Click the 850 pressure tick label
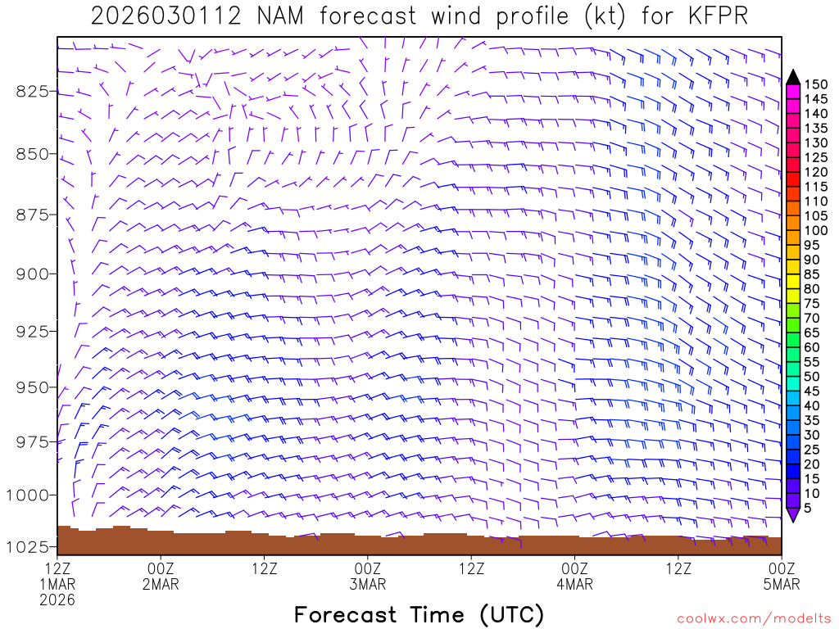click(x=33, y=153)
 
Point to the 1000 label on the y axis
click(x=29, y=495)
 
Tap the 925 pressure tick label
click(x=33, y=331)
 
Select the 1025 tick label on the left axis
click(x=29, y=546)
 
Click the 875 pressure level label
click(x=33, y=215)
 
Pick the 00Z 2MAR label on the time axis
click(x=161, y=575)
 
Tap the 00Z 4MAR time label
click(x=574, y=575)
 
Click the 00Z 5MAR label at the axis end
click(x=781, y=575)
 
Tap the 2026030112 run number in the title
click(x=166, y=16)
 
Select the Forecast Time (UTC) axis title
click(x=419, y=614)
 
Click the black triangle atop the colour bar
click(x=793, y=77)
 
